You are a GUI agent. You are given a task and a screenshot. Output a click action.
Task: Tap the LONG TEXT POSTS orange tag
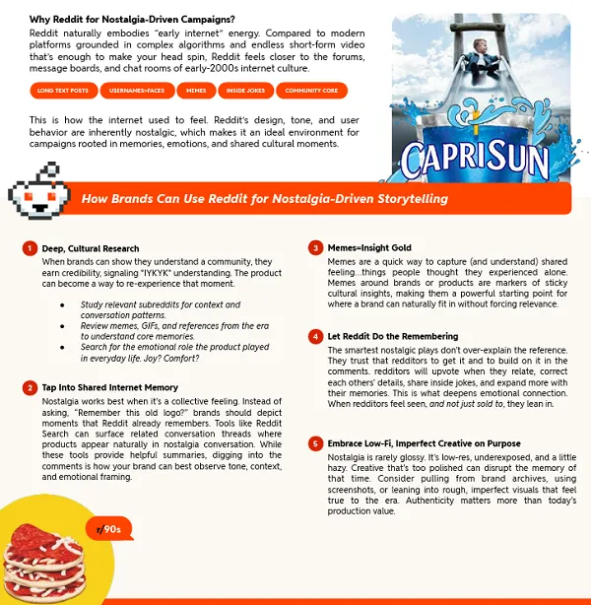tap(63, 91)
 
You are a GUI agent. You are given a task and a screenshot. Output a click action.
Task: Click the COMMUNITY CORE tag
tap(310, 91)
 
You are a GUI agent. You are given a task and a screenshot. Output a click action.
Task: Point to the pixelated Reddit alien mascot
tap(37, 193)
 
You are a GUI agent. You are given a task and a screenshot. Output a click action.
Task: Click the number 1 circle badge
tap(32, 248)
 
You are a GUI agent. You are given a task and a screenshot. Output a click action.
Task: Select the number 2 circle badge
tap(32, 388)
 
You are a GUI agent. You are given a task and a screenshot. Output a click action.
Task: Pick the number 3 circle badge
tap(316, 248)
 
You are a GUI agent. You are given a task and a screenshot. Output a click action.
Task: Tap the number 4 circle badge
tap(316, 336)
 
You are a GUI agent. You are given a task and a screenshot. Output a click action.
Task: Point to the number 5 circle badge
tap(316, 444)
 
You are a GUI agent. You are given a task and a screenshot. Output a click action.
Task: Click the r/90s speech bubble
tap(108, 529)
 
